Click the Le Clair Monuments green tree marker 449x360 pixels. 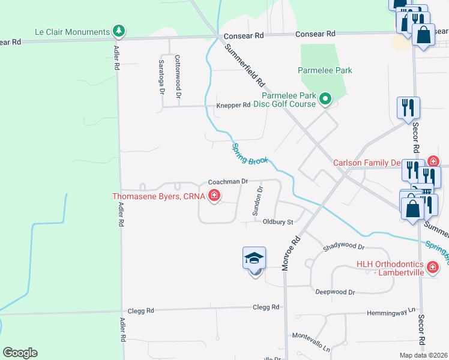[x=119, y=31]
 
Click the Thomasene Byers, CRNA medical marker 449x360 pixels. [x=214, y=196]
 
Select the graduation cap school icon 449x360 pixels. [x=254, y=259]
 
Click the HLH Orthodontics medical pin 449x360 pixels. [x=432, y=266]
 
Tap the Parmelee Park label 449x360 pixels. [x=325, y=70]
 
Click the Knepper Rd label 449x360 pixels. [x=233, y=105]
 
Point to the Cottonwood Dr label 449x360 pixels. [x=178, y=76]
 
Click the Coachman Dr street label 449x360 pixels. [x=228, y=181]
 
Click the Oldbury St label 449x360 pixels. [x=277, y=222]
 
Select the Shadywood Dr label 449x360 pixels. [x=343, y=247]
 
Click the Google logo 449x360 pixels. [x=20, y=353]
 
